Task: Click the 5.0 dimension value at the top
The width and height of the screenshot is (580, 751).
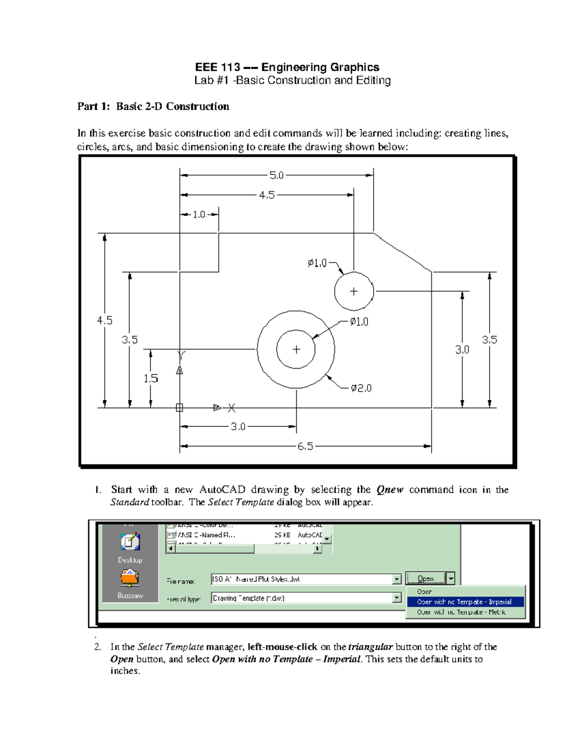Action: [276, 176]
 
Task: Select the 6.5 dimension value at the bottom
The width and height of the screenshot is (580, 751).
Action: [305, 446]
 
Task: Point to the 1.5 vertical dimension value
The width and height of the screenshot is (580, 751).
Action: [151, 379]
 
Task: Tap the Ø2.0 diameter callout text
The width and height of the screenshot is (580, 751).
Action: [361, 388]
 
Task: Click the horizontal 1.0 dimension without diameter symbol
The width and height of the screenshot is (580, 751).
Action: [199, 214]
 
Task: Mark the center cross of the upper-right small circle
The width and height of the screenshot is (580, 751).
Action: [354, 291]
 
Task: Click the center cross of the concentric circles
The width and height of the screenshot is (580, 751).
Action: [296, 349]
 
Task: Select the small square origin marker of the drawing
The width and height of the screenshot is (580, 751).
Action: [179, 408]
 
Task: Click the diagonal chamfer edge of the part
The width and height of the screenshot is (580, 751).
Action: [402, 252]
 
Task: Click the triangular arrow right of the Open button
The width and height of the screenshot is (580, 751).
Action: [450, 578]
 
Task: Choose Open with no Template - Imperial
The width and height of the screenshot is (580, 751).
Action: [464, 602]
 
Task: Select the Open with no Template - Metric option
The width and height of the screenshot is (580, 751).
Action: [462, 612]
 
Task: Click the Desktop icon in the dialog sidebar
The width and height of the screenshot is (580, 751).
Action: [130, 542]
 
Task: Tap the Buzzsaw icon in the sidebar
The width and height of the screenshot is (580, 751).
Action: [130, 577]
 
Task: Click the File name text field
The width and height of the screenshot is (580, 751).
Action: [302, 579]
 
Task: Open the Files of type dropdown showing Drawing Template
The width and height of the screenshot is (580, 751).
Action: [397, 598]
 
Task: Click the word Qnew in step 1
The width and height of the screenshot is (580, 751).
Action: [390, 490]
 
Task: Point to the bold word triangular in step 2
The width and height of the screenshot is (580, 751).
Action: [370, 647]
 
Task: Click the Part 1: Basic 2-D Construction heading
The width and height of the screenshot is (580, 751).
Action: [153, 106]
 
